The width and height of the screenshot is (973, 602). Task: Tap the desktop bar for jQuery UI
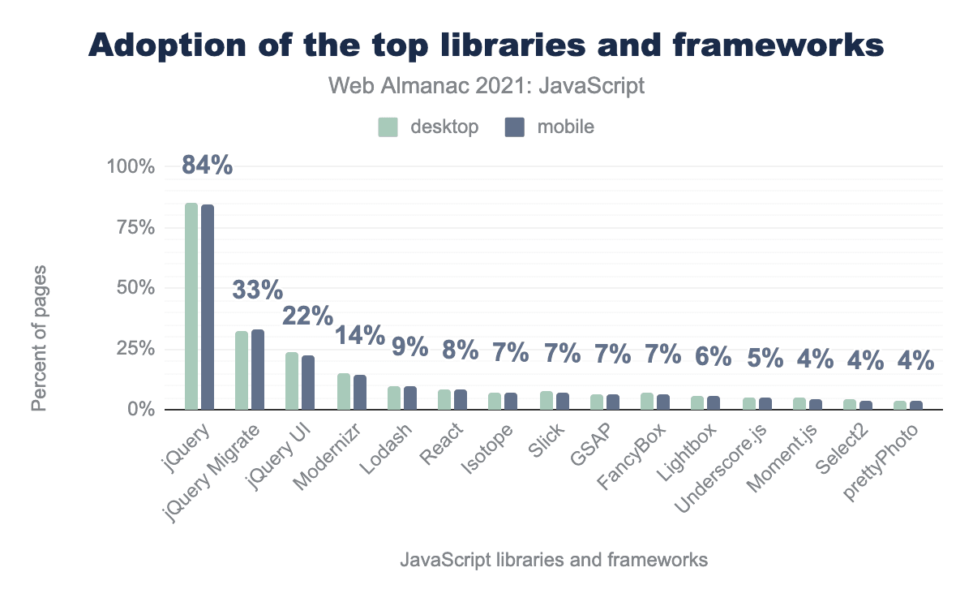[x=292, y=381]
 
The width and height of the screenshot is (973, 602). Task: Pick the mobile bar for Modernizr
[x=359, y=392]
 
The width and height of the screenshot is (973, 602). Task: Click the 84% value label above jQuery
[x=207, y=166]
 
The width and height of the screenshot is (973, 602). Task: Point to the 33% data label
[x=258, y=290]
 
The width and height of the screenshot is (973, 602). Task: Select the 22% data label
[x=307, y=316]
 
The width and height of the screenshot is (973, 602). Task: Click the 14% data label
[x=359, y=336]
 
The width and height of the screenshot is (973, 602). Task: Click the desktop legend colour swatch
[x=388, y=127]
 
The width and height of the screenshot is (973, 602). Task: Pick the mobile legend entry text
[x=565, y=127]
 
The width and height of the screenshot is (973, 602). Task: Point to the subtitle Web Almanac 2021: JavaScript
[x=486, y=85]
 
